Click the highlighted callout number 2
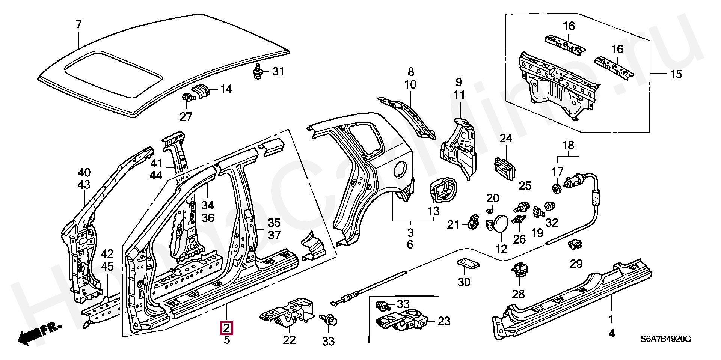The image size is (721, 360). coord(227,328)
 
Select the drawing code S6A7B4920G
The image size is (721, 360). coord(665,339)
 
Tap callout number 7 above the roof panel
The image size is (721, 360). coord(78,25)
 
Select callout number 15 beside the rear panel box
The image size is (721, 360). coord(676,74)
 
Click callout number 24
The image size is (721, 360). coord(506,139)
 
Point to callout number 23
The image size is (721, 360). coord(444,321)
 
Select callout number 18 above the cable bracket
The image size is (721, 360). coord(569,145)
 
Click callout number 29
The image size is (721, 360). coord(576,264)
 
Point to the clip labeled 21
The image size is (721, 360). coord(472,221)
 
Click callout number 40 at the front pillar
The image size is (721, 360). coord(84,173)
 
